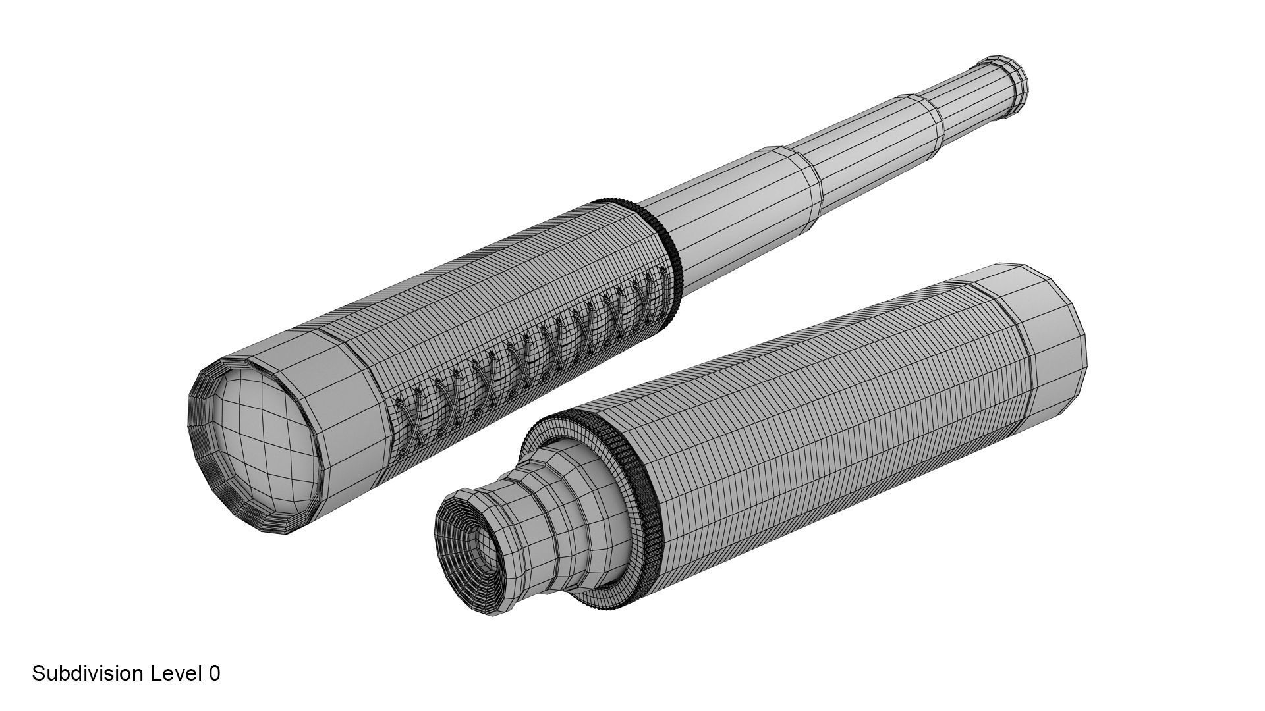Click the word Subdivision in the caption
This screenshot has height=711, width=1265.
click(88, 673)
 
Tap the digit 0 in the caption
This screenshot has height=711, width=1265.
click(214, 673)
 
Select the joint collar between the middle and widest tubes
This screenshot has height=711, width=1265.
click(807, 174)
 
